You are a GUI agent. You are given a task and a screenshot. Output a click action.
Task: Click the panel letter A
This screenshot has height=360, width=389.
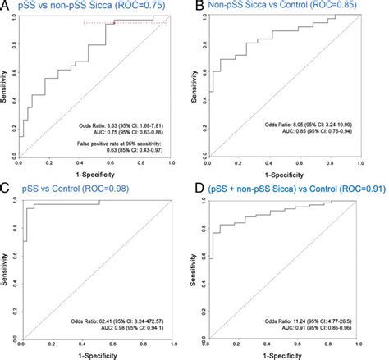coord(6,7)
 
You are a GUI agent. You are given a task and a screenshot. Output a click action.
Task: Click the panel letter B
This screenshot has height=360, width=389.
coord(200,7)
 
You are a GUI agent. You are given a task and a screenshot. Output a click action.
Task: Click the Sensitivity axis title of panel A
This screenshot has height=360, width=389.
coord(7,86)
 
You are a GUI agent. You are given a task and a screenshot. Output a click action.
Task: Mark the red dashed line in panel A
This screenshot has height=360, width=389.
coord(123,24)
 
